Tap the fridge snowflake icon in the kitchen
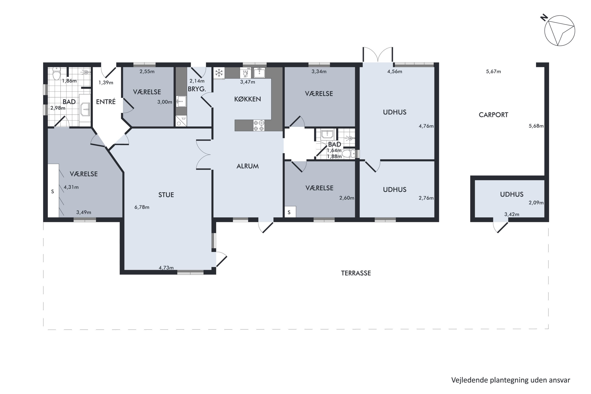(219, 73)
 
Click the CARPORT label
(493, 115)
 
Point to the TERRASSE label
(356, 273)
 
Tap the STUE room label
(166, 195)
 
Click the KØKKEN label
(247, 99)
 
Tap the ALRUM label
(247, 166)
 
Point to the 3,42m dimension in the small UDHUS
(512, 214)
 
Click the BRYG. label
(197, 89)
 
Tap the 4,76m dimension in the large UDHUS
(426, 126)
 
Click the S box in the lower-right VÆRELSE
(290, 212)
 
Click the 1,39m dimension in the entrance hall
(106, 83)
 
